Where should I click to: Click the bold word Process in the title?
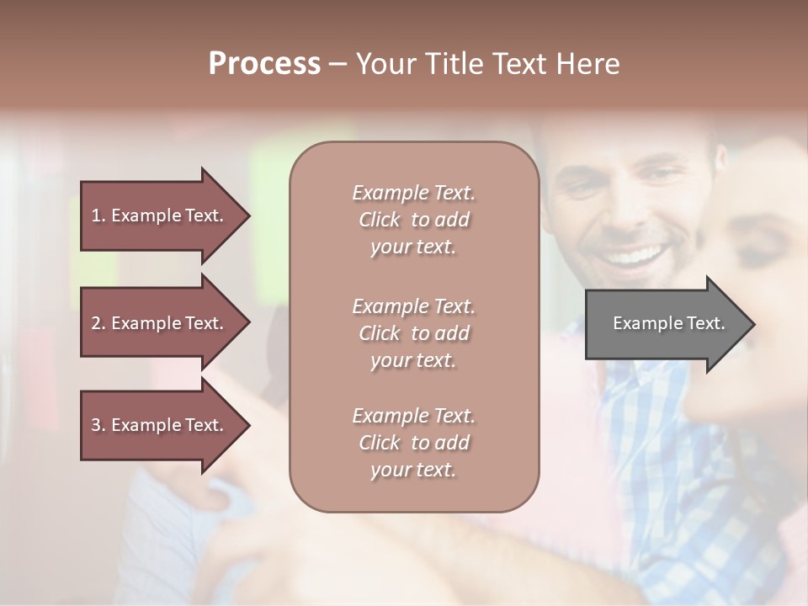264,64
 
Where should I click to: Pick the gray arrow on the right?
665,324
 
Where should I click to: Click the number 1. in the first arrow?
98,215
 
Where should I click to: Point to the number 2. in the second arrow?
98,323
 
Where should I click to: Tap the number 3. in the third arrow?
98,425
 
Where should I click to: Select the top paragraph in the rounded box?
413,220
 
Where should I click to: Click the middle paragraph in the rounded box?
413,332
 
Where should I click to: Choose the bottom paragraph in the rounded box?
413,443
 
